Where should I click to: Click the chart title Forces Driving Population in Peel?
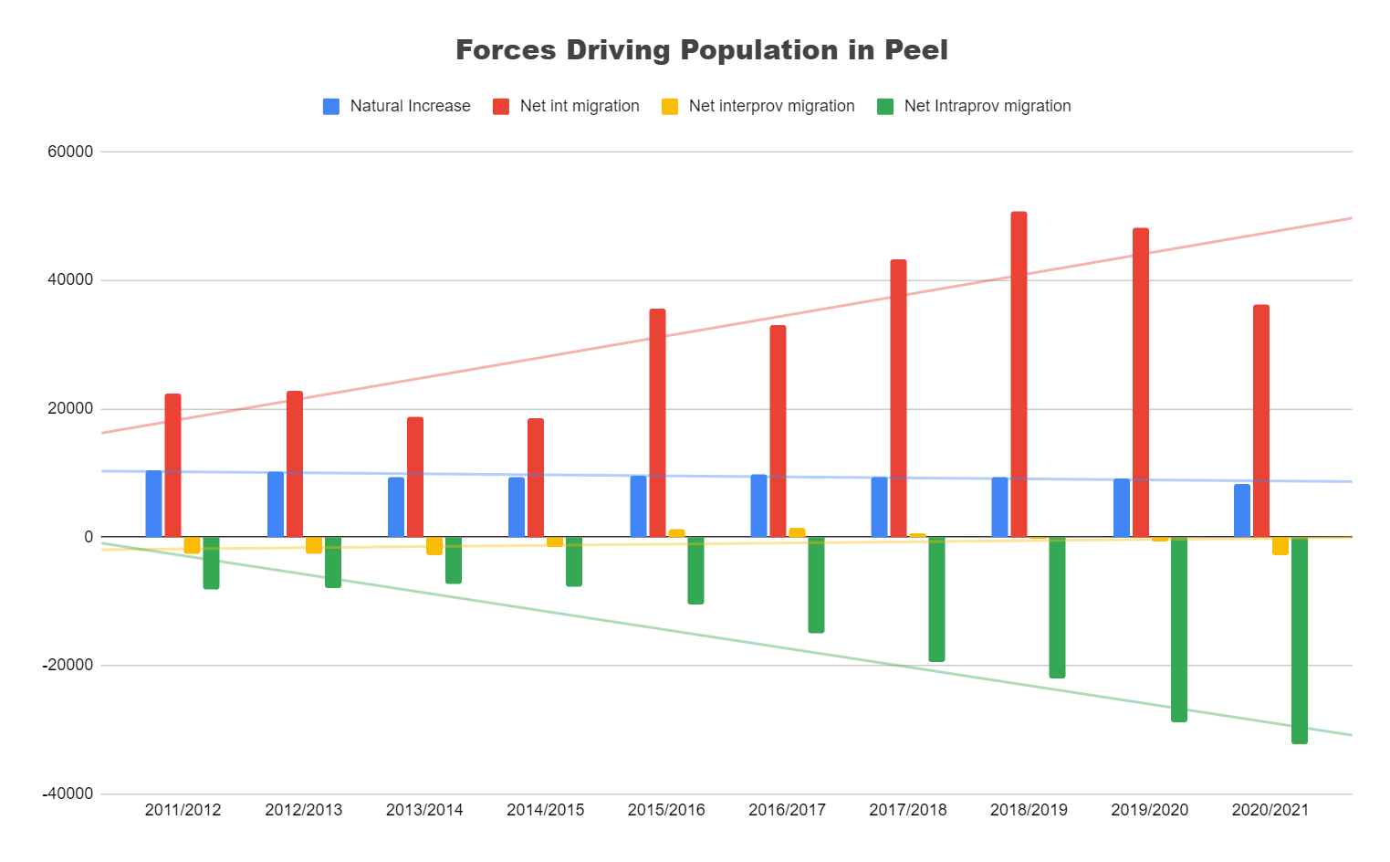[701, 50]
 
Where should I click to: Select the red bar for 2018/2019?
[1019, 374]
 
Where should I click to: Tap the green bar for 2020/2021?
[1299, 639]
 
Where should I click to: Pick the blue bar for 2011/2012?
[153, 503]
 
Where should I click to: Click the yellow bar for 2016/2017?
[797, 532]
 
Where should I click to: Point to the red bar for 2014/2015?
[536, 478]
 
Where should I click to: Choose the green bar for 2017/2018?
[936, 599]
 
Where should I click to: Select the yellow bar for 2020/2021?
[1280, 545]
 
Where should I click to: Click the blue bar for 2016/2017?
[758, 505]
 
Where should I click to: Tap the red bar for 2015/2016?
[657, 423]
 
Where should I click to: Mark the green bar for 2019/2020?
[1179, 629]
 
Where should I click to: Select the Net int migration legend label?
[580, 106]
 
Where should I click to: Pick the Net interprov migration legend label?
[771, 106]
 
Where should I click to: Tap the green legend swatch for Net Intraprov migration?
[885, 106]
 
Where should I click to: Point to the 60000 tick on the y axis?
[70, 152]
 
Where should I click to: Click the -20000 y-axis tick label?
[68, 666]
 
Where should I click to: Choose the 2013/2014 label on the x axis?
[424, 810]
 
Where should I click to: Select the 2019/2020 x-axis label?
[1149, 810]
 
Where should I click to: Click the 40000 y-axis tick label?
[70, 280]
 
